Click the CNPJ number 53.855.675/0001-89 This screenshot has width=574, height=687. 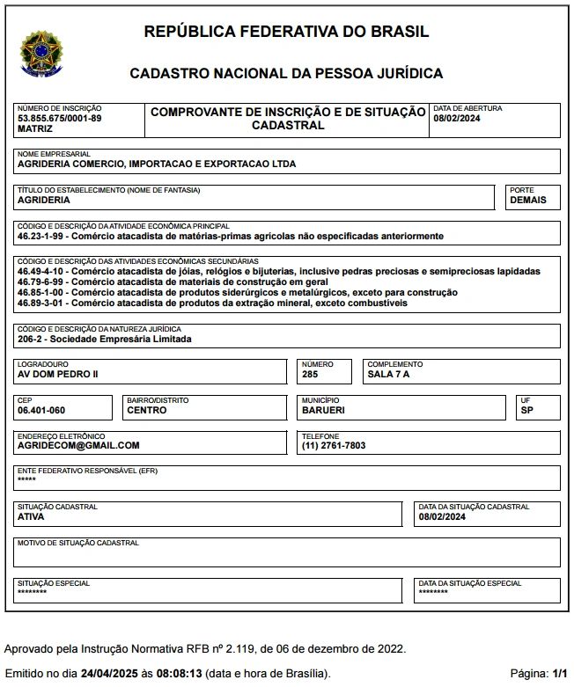click(59, 118)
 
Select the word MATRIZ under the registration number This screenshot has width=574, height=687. click(35, 128)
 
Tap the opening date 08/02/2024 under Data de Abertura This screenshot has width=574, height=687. click(457, 118)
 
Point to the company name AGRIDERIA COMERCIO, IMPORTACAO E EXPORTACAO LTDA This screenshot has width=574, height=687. click(157, 164)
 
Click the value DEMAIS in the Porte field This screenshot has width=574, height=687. click(528, 200)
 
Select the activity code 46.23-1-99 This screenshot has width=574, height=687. click(40, 237)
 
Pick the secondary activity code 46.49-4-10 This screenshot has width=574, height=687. click(40, 272)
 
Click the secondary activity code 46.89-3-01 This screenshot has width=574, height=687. click(40, 303)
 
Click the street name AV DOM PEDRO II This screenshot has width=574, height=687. click(58, 374)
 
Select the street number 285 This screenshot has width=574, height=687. click(310, 374)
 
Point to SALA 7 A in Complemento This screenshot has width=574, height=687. click(388, 374)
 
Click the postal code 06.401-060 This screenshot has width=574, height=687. click(41, 410)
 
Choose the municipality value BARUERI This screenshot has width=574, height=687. click(323, 410)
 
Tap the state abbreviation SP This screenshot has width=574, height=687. click(527, 410)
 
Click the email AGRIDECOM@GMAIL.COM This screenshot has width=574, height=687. click(78, 446)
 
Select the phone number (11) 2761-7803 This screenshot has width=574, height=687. click(334, 446)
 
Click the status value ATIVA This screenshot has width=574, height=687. click(31, 517)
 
